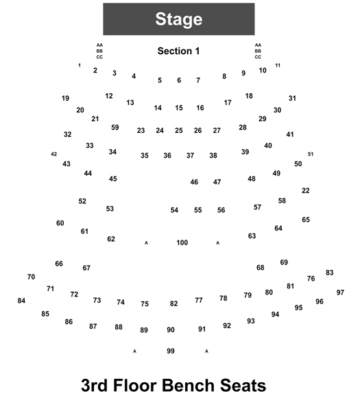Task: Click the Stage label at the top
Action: click(179, 19)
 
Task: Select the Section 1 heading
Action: click(178, 51)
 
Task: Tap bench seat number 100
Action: click(182, 242)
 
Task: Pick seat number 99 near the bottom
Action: click(171, 351)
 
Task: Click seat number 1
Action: click(80, 65)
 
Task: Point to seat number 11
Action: click(278, 65)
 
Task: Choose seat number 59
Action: click(115, 127)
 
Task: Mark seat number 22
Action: click(306, 190)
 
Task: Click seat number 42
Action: click(53, 154)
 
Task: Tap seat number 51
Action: click(311, 154)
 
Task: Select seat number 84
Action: click(21, 301)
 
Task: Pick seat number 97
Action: click(340, 292)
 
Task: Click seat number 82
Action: click(173, 303)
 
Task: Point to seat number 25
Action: click(179, 130)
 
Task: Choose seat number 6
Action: click(179, 80)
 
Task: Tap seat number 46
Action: click(194, 182)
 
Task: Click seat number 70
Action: click(31, 277)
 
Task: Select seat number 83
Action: click(330, 273)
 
